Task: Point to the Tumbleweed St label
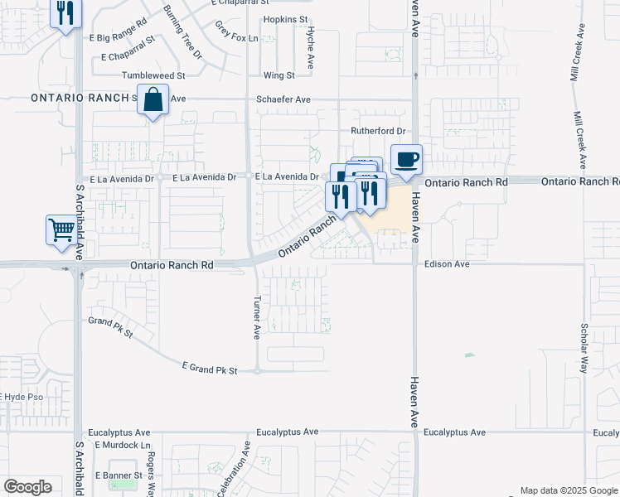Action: [x=153, y=75]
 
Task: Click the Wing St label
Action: [x=279, y=75]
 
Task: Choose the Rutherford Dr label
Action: [x=377, y=131]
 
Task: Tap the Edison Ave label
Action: [x=447, y=264]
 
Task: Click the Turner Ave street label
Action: [x=257, y=318]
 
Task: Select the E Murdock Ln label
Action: [x=120, y=445]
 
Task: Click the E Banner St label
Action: [x=119, y=475]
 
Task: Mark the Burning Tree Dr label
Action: [x=182, y=31]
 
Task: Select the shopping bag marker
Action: [x=153, y=100]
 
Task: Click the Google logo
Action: [x=27, y=487]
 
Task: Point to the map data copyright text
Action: [x=569, y=490]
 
